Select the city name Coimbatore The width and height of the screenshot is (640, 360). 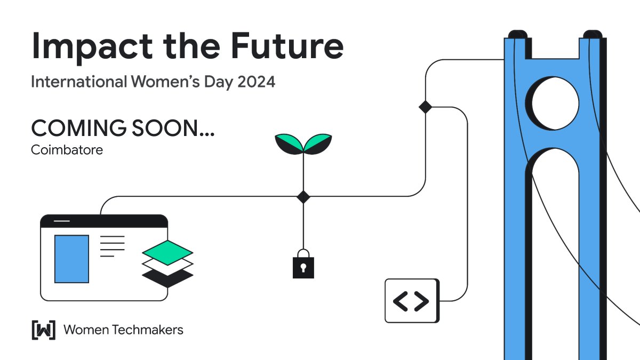point(67,150)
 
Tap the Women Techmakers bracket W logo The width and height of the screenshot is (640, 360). point(44,330)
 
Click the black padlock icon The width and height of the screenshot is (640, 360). point(303,265)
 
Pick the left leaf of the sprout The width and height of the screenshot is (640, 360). point(289,142)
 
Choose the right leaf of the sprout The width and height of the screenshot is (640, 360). point(318,142)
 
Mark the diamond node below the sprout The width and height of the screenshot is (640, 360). point(303,196)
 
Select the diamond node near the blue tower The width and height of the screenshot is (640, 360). point(425,107)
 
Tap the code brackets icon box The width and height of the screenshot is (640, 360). point(412,301)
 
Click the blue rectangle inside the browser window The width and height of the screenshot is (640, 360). point(72,259)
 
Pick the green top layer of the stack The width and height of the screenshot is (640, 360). point(167,249)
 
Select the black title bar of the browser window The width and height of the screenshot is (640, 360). point(105,221)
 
